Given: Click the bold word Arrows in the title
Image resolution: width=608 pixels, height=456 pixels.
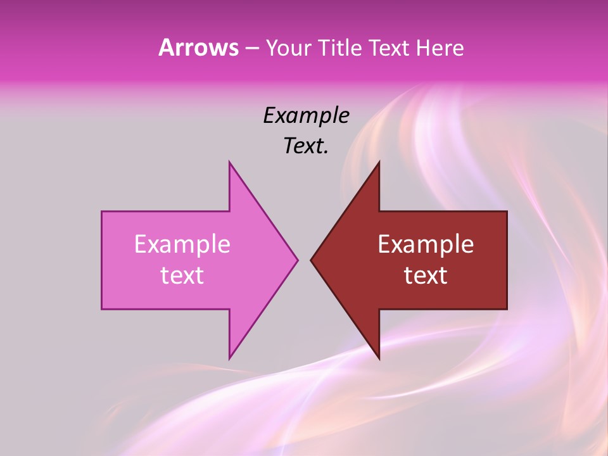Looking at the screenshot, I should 198,47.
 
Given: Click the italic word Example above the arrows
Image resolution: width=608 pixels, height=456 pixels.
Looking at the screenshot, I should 306,116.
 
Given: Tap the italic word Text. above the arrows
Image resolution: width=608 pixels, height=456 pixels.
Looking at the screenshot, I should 306,146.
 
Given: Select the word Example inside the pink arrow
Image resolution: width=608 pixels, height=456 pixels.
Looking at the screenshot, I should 182,244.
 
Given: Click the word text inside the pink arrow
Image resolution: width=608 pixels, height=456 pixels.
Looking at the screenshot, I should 182,275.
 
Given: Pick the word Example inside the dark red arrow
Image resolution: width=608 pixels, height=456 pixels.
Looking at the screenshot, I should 426,244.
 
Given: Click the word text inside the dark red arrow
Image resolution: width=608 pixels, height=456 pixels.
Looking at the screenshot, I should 426,275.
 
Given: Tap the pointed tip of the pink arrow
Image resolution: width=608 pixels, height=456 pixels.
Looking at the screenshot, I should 297,260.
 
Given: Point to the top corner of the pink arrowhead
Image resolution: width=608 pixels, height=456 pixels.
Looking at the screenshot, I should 229,162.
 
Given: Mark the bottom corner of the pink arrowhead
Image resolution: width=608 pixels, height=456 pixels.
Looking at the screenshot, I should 229,358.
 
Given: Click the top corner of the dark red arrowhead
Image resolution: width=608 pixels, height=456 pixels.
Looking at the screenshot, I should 379,162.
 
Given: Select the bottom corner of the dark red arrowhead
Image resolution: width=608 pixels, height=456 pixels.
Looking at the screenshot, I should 379,358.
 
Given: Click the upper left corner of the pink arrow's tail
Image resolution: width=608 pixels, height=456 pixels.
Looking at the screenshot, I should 102,212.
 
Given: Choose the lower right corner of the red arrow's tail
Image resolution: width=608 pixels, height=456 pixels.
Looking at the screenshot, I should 507,308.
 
